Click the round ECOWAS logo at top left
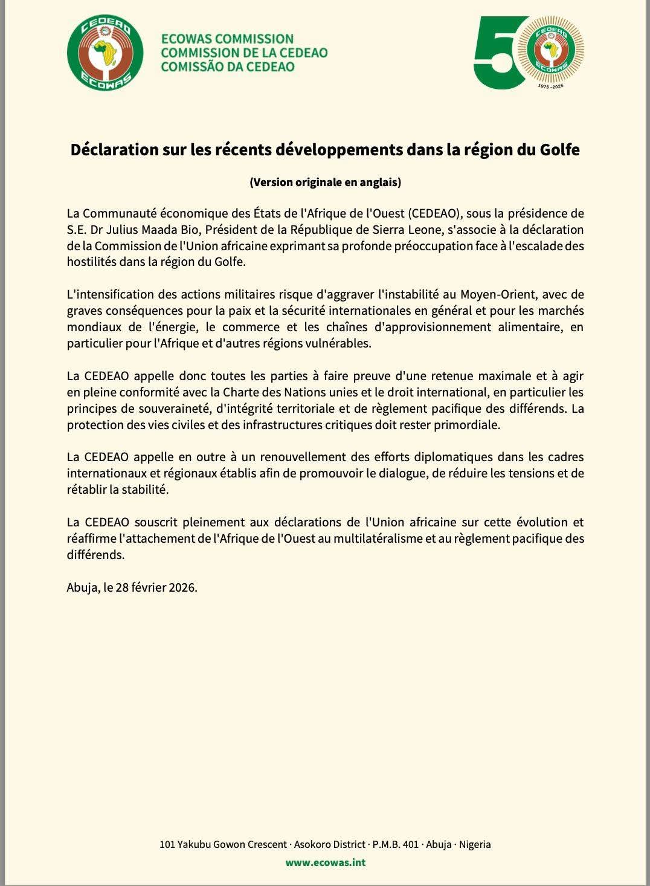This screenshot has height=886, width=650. (x=105, y=53)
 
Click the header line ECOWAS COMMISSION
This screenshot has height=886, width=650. (x=227, y=39)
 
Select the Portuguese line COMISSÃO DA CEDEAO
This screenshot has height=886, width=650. (x=228, y=66)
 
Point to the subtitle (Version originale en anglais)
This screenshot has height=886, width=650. (x=325, y=182)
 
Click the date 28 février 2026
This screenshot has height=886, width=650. (x=160, y=587)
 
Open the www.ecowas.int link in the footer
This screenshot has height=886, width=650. (x=325, y=862)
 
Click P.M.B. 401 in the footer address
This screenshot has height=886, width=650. (x=395, y=844)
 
